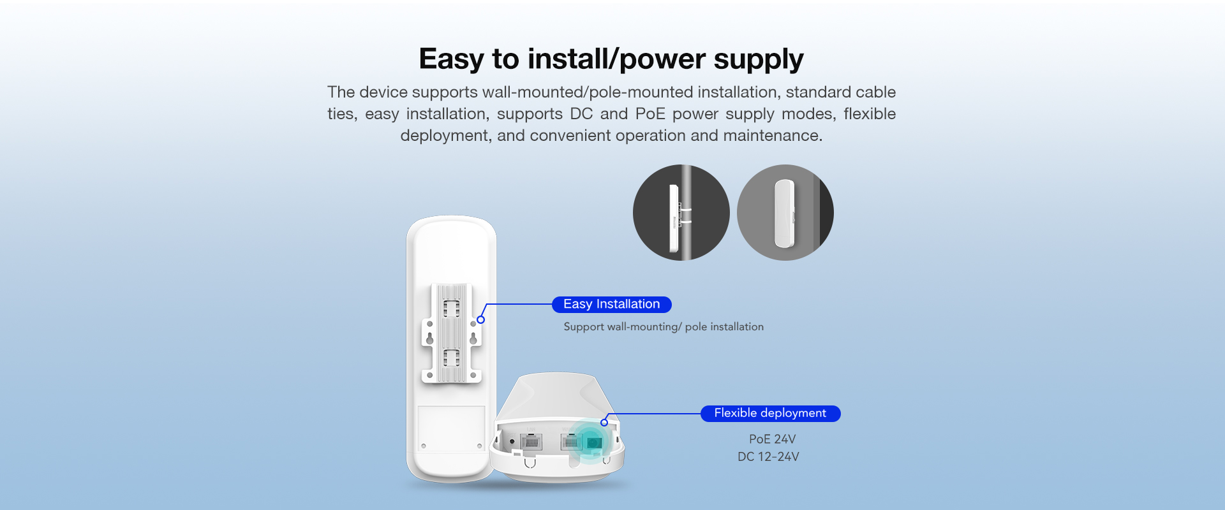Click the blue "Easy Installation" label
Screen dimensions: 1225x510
pos(612,305)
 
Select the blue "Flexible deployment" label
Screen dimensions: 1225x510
pos(771,414)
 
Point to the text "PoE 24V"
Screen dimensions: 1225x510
pos(772,439)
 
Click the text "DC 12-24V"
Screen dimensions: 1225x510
pos(768,457)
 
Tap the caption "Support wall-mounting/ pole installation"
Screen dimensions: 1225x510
pos(664,327)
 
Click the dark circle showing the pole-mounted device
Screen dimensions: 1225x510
pos(681,212)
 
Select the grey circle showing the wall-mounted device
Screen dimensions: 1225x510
pos(785,212)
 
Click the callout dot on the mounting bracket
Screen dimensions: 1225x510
pos(481,319)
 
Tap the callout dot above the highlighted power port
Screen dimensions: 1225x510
pos(604,422)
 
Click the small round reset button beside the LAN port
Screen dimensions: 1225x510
pos(512,441)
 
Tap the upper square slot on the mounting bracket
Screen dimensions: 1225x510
pos(452,309)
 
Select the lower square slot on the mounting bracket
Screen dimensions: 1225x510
pos(452,358)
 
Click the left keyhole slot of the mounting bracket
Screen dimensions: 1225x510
pos(430,337)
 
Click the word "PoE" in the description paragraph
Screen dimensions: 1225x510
pos(650,114)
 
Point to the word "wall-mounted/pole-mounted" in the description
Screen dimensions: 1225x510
pos(587,92)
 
